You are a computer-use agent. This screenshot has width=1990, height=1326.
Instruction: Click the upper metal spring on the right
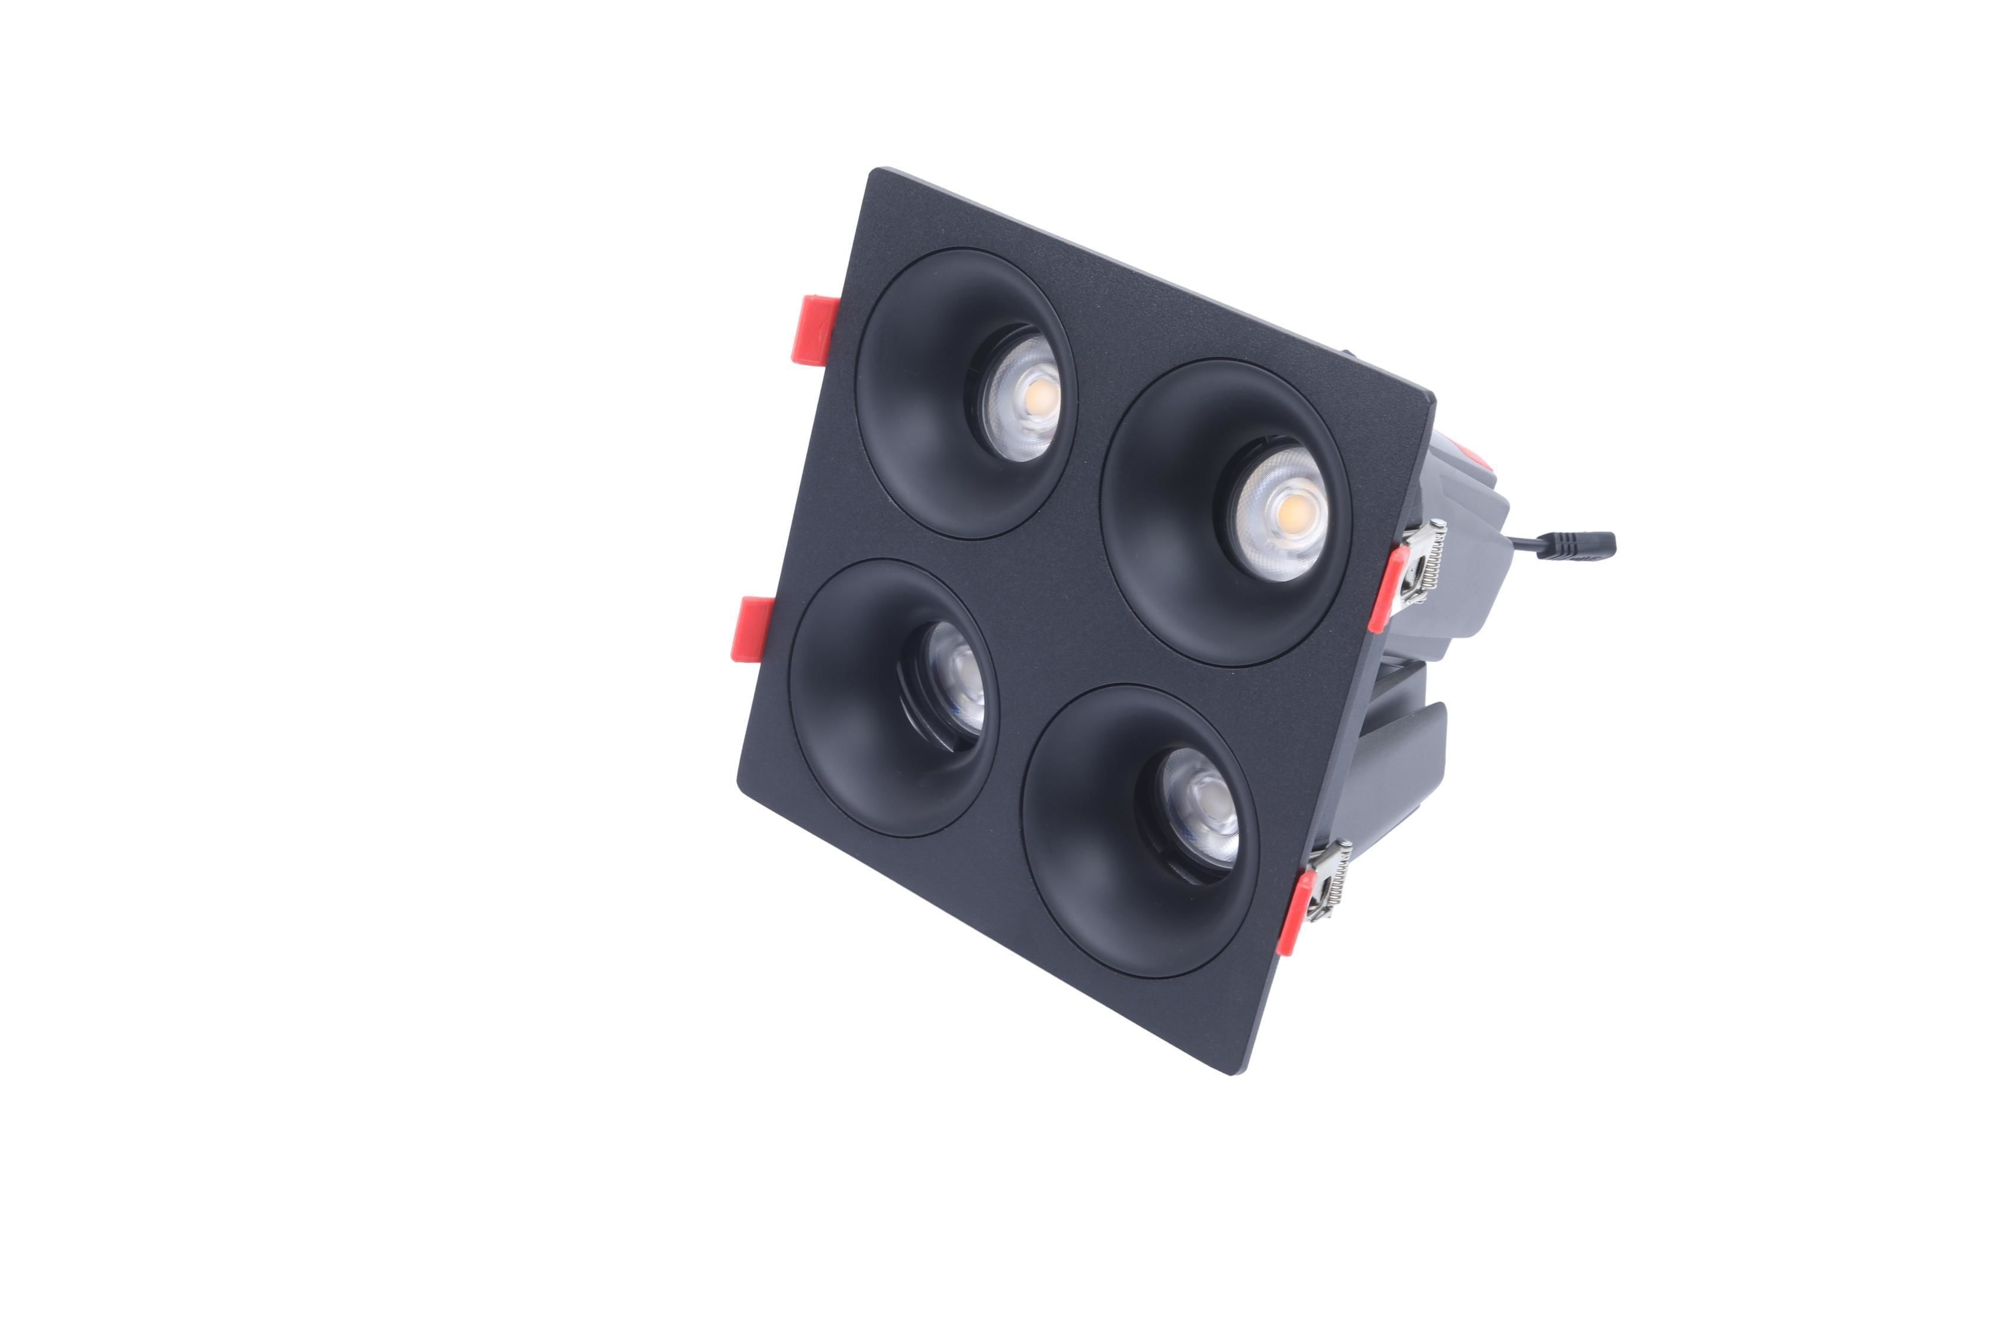point(1423,562)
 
